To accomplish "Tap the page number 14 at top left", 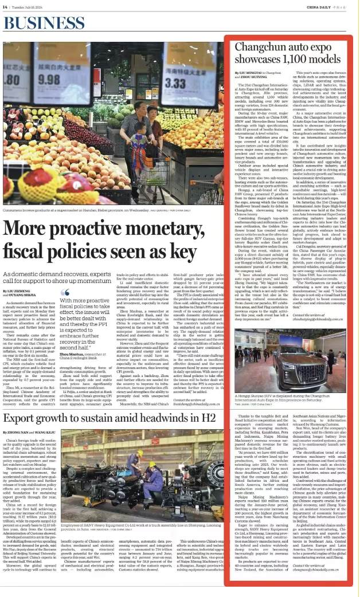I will point(5,6).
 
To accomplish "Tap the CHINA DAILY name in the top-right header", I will point(321,6).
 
